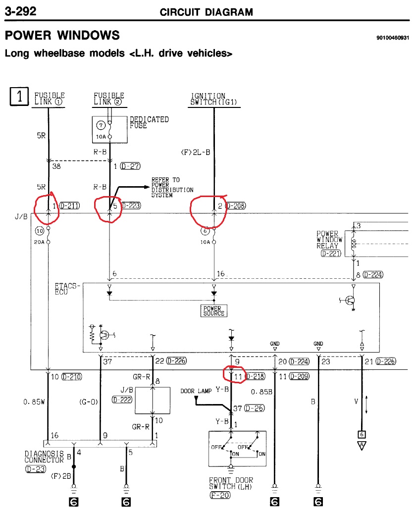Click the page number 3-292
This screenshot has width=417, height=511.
tap(20, 11)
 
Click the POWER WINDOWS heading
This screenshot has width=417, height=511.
tap(62, 35)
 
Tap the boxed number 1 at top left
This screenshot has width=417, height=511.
tap(19, 97)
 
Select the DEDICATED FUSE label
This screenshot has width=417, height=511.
tap(150, 122)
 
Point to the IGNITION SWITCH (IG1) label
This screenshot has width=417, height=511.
tap(213, 99)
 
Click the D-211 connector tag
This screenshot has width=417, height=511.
tap(70, 205)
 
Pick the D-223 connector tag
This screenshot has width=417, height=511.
tap(131, 205)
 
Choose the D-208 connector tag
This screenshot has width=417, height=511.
tap(236, 205)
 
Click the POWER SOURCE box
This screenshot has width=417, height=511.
tap(214, 310)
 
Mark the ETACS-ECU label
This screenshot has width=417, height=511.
tap(67, 289)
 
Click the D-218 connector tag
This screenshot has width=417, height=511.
tap(255, 376)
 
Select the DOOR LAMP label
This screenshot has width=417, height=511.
tap(196, 391)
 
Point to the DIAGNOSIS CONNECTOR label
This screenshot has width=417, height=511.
tap(44, 457)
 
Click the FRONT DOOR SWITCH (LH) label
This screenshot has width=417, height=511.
tap(231, 483)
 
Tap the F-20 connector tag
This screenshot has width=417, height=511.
tap(220, 495)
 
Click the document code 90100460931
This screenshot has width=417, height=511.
tap(393, 38)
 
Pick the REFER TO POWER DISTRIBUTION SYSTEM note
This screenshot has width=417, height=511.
tap(172, 187)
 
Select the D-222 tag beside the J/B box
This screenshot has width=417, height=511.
tap(122, 400)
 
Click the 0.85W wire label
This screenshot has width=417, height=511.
tap(34, 402)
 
